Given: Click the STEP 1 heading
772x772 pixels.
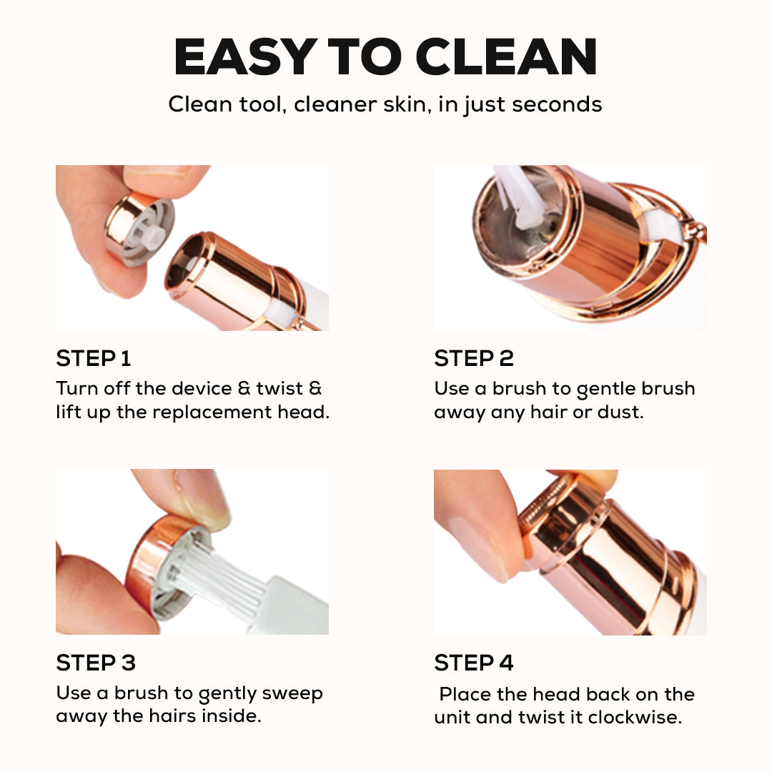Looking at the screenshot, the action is (x=94, y=358).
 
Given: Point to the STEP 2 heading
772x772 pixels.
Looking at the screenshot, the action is (x=474, y=358).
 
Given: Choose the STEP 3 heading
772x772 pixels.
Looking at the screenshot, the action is (x=96, y=663).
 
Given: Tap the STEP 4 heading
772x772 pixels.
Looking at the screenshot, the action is (x=474, y=663).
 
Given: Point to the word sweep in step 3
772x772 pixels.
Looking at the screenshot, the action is (x=292, y=693).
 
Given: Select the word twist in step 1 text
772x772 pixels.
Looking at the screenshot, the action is (x=279, y=388).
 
